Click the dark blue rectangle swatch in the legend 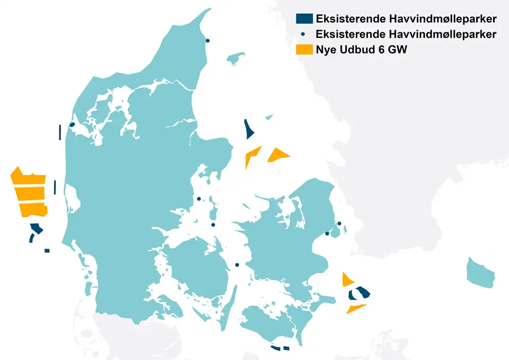click(x=304, y=19)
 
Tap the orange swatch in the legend click(x=304, y=49)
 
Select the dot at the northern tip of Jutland click(x=207, y=40)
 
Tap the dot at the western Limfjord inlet click(x=72, y=125)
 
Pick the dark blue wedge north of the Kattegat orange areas click(x=248, y=130)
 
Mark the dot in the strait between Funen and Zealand click(x=237, y=265)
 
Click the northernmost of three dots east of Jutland click(x=199, y=199)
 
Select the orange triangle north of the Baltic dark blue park click(x=347, y=279)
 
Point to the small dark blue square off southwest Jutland click(x=47, y=250)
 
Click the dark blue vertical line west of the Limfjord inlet click(x=60, y=132)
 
